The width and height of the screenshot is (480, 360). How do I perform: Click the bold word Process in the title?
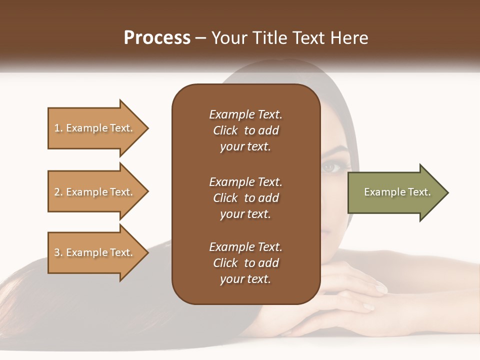click(x=157, y=38)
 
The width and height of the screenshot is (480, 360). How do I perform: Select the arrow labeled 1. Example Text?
click(x=95, y=128)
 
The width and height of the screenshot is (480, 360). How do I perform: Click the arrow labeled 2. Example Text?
click(x=95, y=192)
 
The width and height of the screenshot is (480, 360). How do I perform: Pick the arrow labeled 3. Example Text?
click(x=95, y=252)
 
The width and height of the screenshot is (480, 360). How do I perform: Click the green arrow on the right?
click(x=395, y=192)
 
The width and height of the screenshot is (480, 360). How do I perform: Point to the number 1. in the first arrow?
click(x=58, y=128)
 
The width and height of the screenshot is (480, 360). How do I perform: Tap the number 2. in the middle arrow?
click(x=58, y=192)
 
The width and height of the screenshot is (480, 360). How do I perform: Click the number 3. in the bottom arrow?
click(x=58, y=252)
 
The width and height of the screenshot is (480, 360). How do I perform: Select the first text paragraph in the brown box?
click(x=246, y=130)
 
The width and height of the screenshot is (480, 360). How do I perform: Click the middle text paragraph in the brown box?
click(x=246, y=198)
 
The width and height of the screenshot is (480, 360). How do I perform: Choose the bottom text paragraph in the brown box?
click(x=246, y=263)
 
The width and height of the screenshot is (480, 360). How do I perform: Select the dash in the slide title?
click(x=201, y=38)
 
